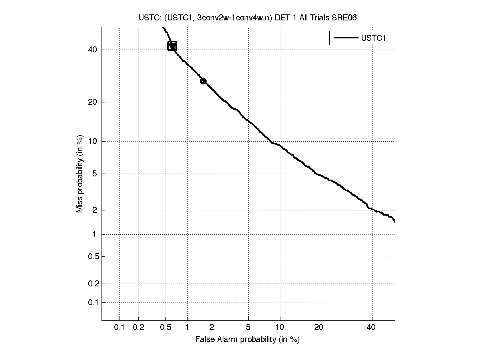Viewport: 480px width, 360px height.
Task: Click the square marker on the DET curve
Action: tap(172, 46)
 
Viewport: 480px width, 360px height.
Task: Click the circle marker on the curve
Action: tap(203, 81)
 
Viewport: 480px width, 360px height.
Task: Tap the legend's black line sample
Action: tap(345, 38)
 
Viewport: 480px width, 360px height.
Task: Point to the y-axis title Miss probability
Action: tap(80, 174)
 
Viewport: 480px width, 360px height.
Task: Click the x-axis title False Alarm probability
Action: tap(247, 340)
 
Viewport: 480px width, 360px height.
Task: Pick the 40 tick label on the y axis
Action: tap(92, 50)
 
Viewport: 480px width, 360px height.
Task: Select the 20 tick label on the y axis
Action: tap(92, 102)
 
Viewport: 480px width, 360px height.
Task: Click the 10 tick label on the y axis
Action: tap(92, 141)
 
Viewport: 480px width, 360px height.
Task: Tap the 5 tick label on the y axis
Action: tap(94, 174)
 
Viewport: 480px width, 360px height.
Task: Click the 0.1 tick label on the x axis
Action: tap(120, 328)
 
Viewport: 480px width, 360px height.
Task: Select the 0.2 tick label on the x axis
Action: tap(138, 328)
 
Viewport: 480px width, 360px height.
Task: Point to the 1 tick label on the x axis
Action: tap(187, 328)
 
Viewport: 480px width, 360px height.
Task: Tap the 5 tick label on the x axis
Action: tap(248, 328)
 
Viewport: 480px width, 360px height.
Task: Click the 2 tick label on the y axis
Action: tap(94, 210)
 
